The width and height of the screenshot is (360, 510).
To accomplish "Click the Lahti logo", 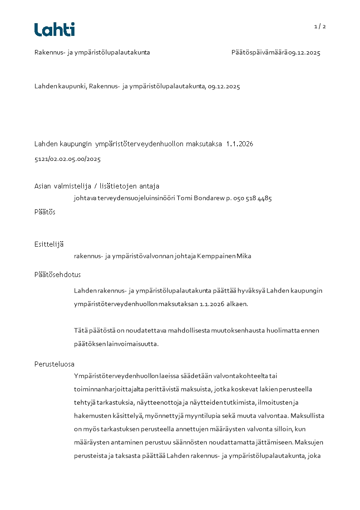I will tap(54, 30).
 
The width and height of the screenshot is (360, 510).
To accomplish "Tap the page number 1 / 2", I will tap(320, 26).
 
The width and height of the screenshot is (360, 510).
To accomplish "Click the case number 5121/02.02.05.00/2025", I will tap(67, 159).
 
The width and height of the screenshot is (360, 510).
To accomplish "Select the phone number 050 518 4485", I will tap(252, 198).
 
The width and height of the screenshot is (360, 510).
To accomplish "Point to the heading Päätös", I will tap(45, 212).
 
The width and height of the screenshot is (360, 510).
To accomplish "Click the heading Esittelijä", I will tap(49, 244).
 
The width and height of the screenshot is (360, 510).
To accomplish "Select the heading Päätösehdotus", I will tap(58, 274).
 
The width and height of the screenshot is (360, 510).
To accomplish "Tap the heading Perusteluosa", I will tap(54, 364).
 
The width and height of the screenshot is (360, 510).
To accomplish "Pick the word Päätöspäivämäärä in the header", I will tap(259, 52).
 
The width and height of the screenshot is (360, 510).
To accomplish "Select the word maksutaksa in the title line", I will tap(205, 144).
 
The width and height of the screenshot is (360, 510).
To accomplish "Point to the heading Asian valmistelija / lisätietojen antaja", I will tap(97, 186).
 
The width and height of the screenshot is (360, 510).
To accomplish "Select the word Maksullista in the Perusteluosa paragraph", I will tap(307, 416).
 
